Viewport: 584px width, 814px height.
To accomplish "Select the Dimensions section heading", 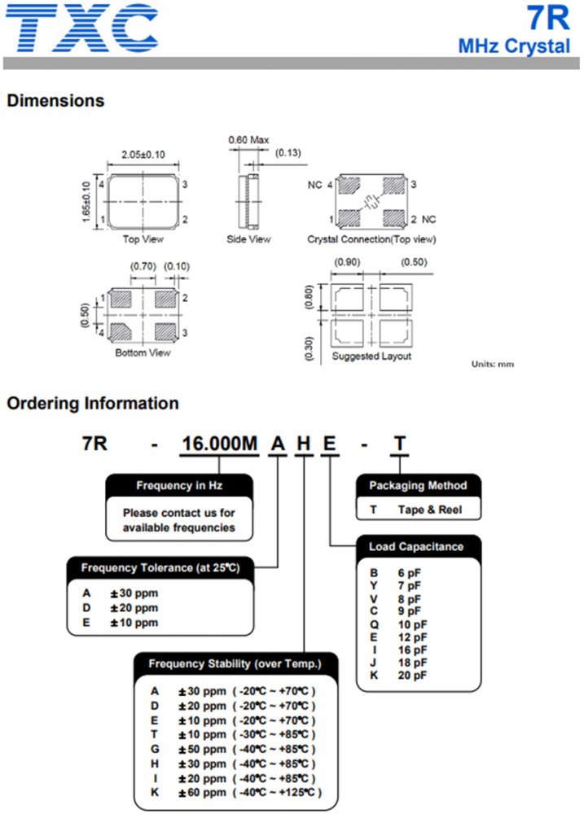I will pyautogui.click(x=55, y=101).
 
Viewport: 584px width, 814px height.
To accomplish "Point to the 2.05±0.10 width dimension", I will pyautogui.click(x=143, y=155).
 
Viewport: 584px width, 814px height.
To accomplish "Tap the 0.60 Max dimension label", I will pyautogui.click(x=248, y=140).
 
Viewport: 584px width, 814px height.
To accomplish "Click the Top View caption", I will pyautogui.click(x=143, y=239).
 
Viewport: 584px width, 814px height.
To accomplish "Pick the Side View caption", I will pyautogui.click(x=248, y=239).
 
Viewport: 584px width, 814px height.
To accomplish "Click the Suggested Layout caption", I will pyautogui.click(x=371, y=357).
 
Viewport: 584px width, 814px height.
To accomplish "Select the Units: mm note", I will pyautogui.click(x=493, y=364).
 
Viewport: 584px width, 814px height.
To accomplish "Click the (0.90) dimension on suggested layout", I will pyautogui.click(x=348, y=261).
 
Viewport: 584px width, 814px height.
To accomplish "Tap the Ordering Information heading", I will pyautogui.click(x=92, y=403).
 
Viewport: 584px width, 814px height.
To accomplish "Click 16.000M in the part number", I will pyautogui.click(x=218, y=444).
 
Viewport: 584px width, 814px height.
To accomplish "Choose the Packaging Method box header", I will pyautogui.click(x=418, y=486).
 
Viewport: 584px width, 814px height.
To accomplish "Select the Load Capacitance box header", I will pyautogui.click(x=415, y=546).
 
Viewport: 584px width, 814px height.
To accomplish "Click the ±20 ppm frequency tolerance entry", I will pyautogui.click(x=134, y=608).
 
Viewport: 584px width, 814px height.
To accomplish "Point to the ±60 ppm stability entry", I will pyautogui.click(x=203, y=792).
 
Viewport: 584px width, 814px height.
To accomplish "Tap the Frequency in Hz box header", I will pyautogui.click(x=179, y=486).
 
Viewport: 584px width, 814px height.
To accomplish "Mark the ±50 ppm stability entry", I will pyautogui.click(x=203, y=749).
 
